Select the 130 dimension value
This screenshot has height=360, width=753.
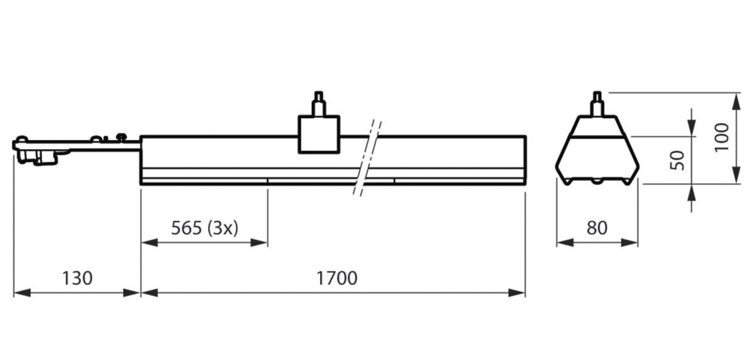(x=77, y=278)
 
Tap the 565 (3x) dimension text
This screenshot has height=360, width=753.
(x=205, y=228)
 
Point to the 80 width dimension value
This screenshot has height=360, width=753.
(x=597, y=228)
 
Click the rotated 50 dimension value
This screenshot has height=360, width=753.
(x=677, y=160)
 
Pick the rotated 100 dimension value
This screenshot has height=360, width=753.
(x=722, y=137)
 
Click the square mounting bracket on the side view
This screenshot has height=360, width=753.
(x=319, y=134)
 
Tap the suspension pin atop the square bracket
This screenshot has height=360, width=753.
(x=319, y=103)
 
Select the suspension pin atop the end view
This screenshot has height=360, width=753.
(x=597, y=103)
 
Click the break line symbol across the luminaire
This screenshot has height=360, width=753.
(x=368, y=157)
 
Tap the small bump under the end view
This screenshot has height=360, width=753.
(x=597, y=182)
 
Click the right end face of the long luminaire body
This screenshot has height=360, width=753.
(x=525, y=161)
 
